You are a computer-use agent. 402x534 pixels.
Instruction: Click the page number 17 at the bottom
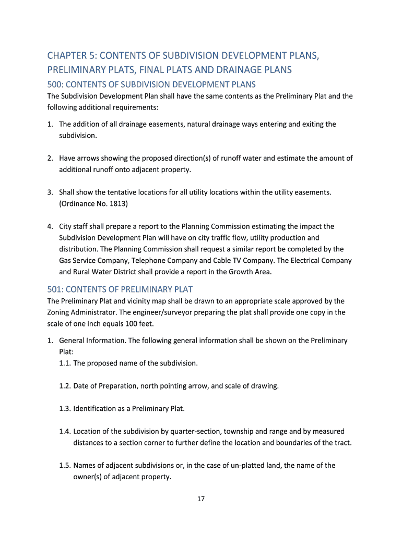(201, 499)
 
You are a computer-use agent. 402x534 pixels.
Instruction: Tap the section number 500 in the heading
(54, 84)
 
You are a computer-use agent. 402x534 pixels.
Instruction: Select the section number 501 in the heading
(54, 289)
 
